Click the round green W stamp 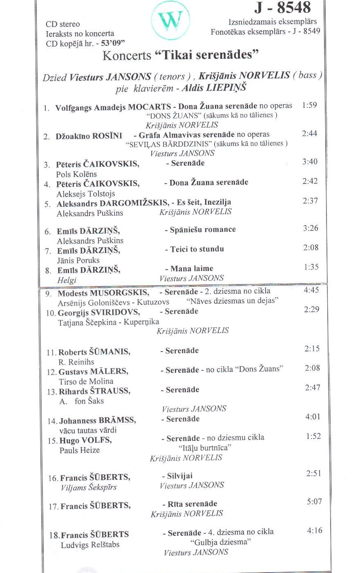tap(170, 20)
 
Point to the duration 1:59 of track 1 tap(309, 105)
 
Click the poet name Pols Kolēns tap(76, 174)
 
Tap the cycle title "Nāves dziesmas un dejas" tap(232, 301)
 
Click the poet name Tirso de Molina tap(86, 381)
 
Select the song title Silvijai tap(180, 476)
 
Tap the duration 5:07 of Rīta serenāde tap(314, 501)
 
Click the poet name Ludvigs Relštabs tap(90, 545)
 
